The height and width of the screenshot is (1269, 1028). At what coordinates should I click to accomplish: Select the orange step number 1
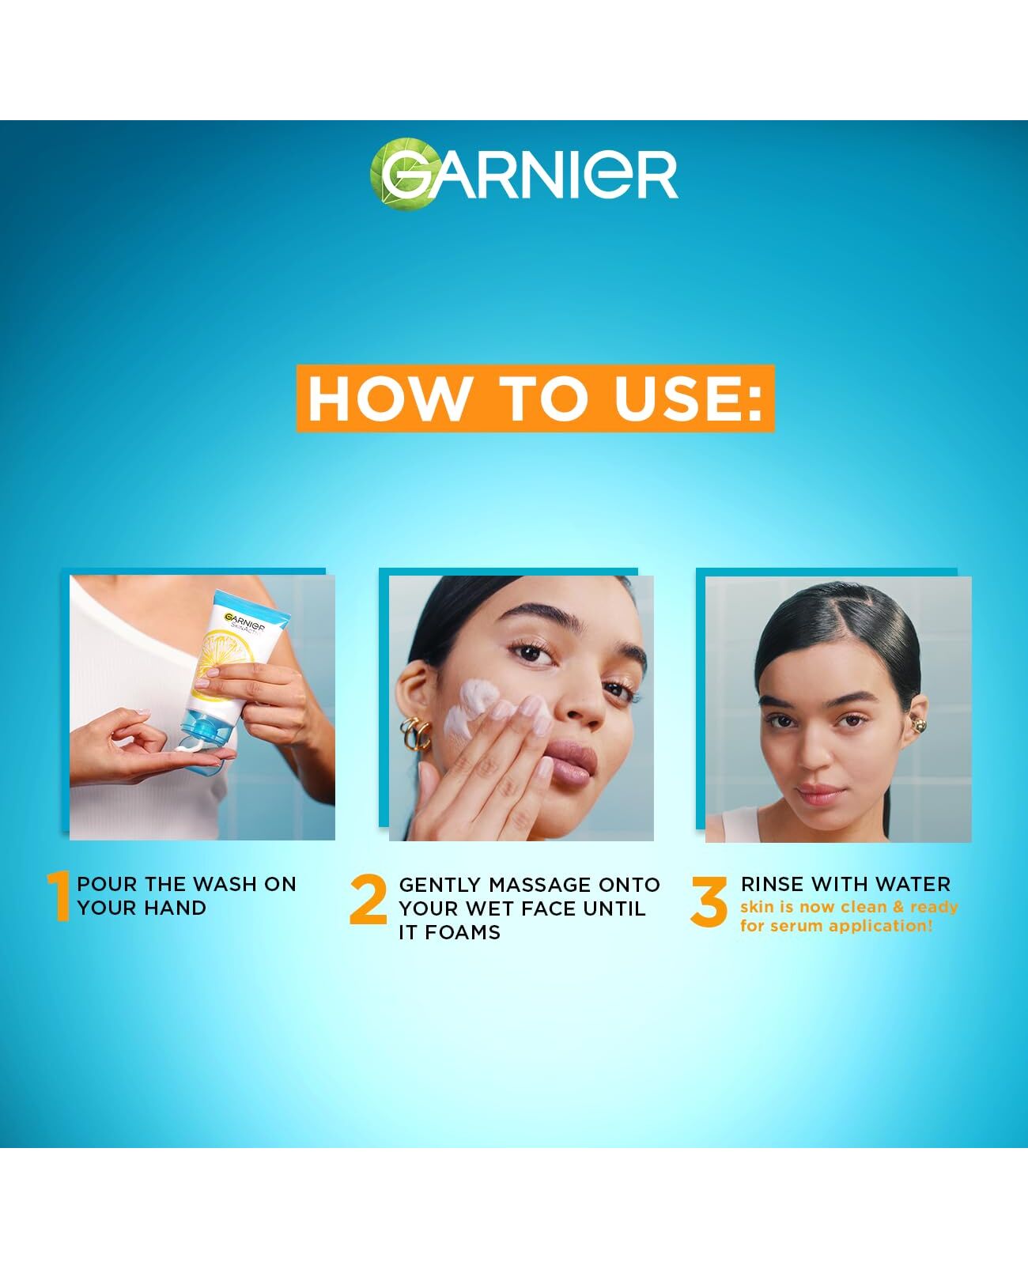(x=59, y=896)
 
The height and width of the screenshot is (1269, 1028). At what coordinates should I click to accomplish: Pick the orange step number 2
(x=368, y=900)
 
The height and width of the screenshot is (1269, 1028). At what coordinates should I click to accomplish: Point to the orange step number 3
(x=709, y=901)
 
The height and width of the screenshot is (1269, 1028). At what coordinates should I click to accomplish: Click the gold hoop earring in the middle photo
(x=415, y=734)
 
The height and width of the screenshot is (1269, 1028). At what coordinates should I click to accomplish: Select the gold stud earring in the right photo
(x=919, y=725)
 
